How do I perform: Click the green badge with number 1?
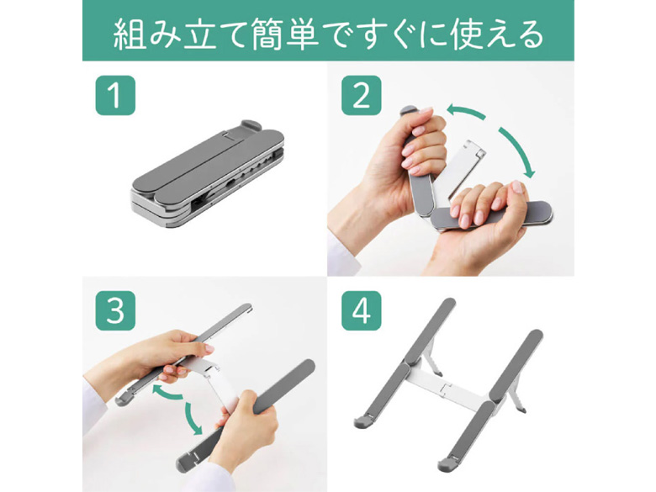[115, 95]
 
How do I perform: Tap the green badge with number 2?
[362, 95]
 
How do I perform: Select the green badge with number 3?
[115, 311]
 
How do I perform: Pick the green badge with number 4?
[362, 311]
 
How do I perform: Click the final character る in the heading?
[529, 34]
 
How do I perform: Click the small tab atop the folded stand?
[250, 125]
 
